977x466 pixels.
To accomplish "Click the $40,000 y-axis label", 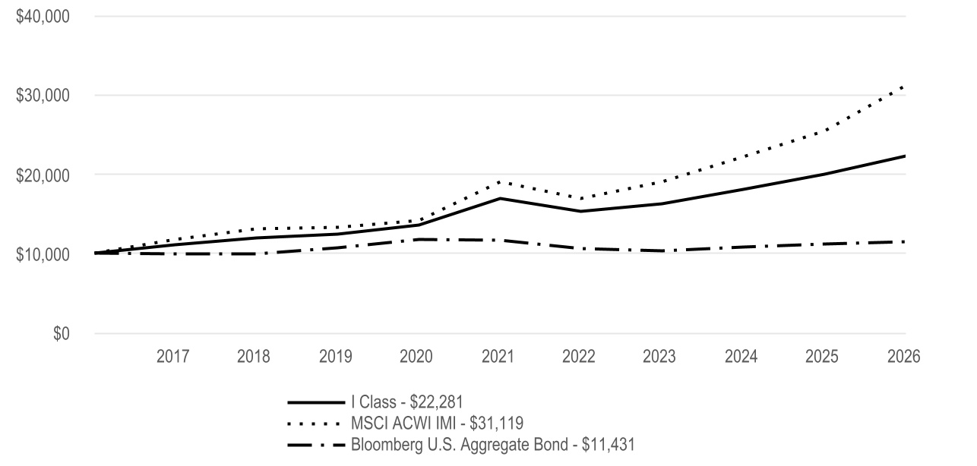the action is [43, 17].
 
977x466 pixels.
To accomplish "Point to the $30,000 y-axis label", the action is [43, 96].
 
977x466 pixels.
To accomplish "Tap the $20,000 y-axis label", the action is [43, 175].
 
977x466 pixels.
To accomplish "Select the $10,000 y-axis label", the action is [43, 254].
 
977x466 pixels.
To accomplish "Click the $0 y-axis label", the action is [62, 333].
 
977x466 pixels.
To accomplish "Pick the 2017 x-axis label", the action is [172, 357].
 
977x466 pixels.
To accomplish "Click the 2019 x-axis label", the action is [335, 357].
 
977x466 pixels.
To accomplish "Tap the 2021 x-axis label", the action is [498, 357].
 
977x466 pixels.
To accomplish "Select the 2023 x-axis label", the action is [659, 357].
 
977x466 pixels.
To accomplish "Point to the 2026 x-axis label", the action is [904, 357].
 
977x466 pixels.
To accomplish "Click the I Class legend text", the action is [407, 402].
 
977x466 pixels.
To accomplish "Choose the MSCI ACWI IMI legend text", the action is [437, 423].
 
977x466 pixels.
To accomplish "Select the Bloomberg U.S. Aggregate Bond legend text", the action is [493, 445].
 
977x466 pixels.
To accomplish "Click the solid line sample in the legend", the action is [316, 402].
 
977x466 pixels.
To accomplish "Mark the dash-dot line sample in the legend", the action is [316, 445].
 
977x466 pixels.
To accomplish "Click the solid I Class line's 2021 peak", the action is [500, 198].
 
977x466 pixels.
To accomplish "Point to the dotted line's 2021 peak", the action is [499, 181].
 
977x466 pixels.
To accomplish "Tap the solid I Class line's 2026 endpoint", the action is [905, 156].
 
